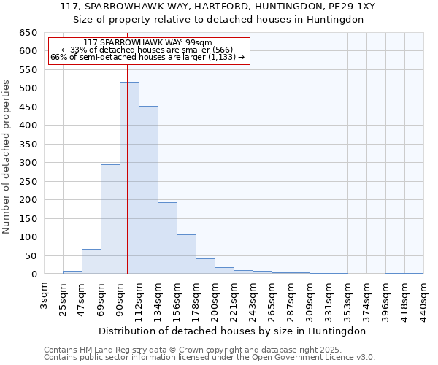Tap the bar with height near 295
click(110, 219)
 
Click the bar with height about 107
click(186, 255)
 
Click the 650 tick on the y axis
click(28, 33)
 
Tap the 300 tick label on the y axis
click(28, 163)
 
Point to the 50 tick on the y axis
click(30, 256)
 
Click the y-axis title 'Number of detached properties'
click(7, 158)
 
